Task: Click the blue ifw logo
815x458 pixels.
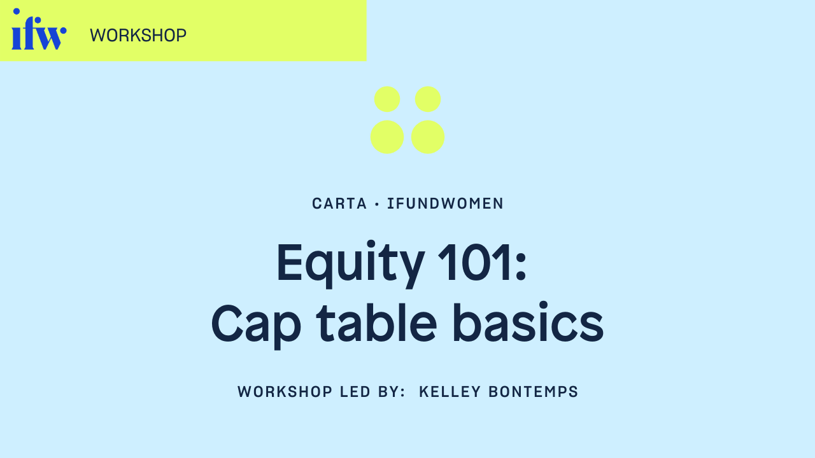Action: pos(39,31)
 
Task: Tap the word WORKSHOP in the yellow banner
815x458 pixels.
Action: pos(138,36)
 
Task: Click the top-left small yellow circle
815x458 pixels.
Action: pos(387,99)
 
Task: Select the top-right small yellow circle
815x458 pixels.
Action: pos(428,99)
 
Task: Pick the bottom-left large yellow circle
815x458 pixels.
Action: pos(387,137)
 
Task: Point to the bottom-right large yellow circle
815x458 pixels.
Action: pos(428,137)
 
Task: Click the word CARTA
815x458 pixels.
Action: pos(339,204)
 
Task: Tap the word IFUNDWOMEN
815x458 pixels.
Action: pos(446,204)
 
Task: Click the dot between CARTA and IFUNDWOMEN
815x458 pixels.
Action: pos(377,204)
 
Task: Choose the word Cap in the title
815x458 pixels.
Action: pos(256,324)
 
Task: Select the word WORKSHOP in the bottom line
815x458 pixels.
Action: pos(285,392)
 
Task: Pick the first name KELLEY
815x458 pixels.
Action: pos(450,392)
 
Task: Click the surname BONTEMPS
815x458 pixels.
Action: pos(534,392)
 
